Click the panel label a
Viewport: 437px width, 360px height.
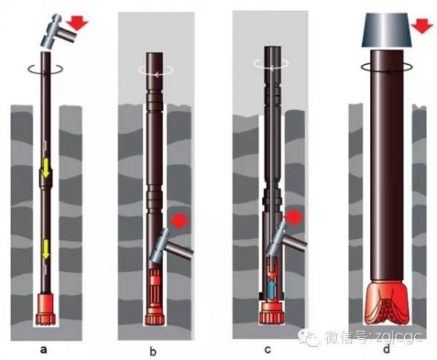43,349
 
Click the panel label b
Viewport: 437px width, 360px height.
153,351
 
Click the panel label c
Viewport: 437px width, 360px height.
268,350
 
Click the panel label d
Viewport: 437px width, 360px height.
386,348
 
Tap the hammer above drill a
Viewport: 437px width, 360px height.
59,33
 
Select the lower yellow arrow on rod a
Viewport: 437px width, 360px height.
45,251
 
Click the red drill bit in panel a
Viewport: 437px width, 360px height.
46,308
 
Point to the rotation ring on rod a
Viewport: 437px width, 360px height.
45,70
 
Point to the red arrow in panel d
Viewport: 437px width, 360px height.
422,27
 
